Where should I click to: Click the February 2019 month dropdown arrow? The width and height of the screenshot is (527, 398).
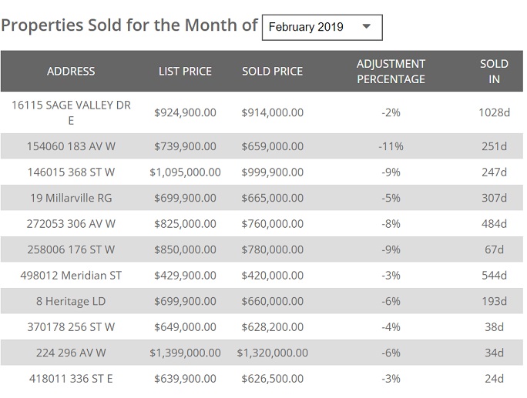point(366,26)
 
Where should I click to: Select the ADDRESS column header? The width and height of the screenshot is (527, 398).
point(71,71)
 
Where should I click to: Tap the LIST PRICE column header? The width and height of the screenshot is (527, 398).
point(185,71)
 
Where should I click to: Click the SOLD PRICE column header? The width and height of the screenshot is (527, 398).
point(272,71)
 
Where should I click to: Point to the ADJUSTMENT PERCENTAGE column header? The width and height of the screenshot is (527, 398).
point(391,71)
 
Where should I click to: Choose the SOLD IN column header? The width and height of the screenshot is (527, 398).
point(494,71)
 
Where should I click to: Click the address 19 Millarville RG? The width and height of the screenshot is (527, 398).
point(71,198)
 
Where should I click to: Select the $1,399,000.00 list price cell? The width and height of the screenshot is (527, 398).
point(185,353)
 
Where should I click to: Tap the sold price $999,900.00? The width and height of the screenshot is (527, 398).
point(272,172)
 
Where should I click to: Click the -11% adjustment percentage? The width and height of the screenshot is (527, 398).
point(391,146)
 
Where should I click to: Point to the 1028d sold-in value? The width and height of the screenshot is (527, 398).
point(494,112)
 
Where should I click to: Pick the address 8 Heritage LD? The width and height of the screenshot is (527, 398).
point(71,301)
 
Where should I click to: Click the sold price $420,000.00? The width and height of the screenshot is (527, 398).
point(272,275)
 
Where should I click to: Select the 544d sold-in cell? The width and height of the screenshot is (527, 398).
point(494,275)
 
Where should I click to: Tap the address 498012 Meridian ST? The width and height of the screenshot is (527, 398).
point(71,275)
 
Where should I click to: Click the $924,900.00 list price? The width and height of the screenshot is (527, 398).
point(185,112)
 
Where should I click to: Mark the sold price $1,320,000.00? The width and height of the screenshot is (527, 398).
point(272,353)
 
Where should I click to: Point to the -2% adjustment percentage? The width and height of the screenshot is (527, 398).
point(391,112)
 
